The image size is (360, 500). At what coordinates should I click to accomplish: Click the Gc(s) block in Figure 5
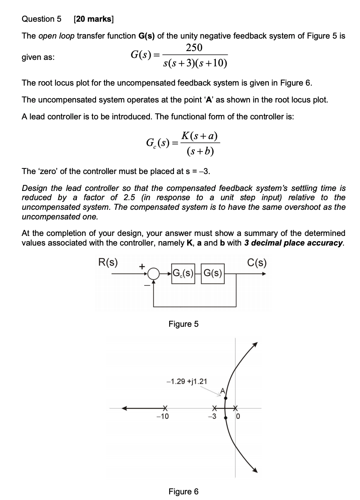[x=183, y=275]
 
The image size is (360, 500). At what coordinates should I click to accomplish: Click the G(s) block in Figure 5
[x=212, y=275]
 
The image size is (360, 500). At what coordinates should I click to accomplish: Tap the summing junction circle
[x=153, y=275]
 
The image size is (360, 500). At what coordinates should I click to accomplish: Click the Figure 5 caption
[x=183, y=324]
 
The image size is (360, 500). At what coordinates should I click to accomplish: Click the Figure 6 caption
[x=183, y=491]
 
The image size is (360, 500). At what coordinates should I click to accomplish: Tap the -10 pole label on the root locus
[x=162, y=417]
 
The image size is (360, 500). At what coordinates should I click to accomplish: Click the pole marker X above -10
[x=164, y=409]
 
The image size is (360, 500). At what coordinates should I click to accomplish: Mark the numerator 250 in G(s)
[x=194, y=48]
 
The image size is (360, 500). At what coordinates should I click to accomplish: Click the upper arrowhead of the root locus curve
[x=255, y=344]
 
